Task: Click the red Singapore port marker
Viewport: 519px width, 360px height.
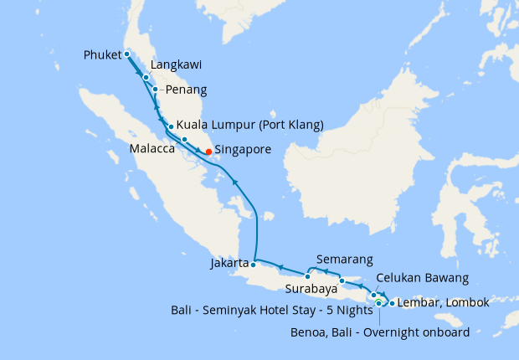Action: [208, 152]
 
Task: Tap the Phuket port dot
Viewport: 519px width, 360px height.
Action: [127, 54]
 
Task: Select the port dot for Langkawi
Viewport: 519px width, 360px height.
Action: [146, 77]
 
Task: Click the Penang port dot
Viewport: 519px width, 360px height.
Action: [156, 89]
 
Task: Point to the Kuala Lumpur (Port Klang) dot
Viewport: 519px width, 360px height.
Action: [171, 127]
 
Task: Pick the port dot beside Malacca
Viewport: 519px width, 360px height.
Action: [184, 138]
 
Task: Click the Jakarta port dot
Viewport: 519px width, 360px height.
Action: [254, 264]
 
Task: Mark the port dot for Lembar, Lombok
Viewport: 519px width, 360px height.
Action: [392, 301]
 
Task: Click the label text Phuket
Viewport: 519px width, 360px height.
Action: [103, 56]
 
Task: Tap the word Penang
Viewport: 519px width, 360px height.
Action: [187, 90]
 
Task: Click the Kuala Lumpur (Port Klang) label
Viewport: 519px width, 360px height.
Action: [249, 126]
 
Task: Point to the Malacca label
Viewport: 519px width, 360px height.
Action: [152, 149]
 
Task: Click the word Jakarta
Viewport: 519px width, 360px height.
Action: [230, 264]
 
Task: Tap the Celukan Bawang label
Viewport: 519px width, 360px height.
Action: [422, 277]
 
